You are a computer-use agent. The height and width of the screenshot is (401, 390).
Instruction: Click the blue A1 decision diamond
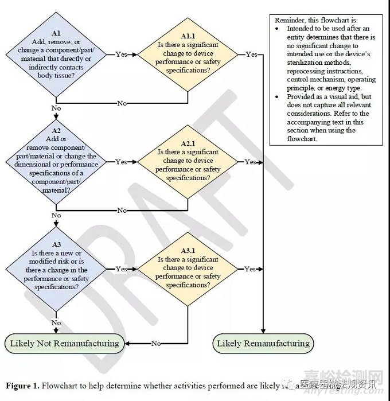[56, 54]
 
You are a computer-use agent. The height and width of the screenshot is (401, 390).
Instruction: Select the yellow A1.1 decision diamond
[188, 54]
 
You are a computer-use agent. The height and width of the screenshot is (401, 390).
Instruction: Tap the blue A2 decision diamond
[56, 162]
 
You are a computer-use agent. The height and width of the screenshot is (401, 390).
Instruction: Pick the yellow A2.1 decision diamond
[188, 162]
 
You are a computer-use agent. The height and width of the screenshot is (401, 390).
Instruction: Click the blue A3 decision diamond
[56, 269]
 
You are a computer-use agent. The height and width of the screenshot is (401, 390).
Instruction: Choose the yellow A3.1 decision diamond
[188, 269]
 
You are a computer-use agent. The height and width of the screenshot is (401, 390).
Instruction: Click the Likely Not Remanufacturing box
[65, 344]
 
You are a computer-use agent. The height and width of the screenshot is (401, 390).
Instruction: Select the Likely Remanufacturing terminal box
[263, 344]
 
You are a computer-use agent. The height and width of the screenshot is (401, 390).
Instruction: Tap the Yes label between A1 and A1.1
[122, 54]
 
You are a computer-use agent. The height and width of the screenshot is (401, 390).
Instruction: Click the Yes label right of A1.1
[251, 54]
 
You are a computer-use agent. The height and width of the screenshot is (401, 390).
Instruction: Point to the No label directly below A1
[56, 108]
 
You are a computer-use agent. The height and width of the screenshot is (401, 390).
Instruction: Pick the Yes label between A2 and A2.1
[122, 162]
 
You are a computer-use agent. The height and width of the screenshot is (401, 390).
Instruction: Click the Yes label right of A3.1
[251, 269]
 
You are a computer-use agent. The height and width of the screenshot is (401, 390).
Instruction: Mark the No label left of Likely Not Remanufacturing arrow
[156, 344]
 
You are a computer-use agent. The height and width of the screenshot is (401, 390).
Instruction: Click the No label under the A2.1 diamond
[122, 211]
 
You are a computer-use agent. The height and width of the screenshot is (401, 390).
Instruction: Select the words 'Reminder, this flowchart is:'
[309, 20]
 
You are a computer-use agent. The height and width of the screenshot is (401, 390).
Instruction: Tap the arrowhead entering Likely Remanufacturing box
[263, 331]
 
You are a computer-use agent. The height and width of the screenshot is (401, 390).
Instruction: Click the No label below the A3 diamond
[56, 323]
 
